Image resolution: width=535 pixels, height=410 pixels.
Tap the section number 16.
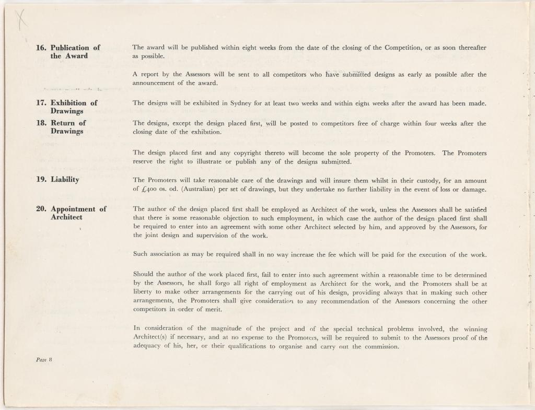(x=41, y=48)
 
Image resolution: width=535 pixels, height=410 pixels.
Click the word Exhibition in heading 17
(x=69, y=103)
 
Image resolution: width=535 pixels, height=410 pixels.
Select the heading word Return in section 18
(x=63, y=123)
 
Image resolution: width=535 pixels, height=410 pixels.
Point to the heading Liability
(x=65, y=180)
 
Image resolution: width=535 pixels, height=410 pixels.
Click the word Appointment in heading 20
(x=74, y=209)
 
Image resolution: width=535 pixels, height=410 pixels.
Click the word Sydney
(x=242, y=103)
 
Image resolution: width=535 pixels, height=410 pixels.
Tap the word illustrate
(x=223, y=162)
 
